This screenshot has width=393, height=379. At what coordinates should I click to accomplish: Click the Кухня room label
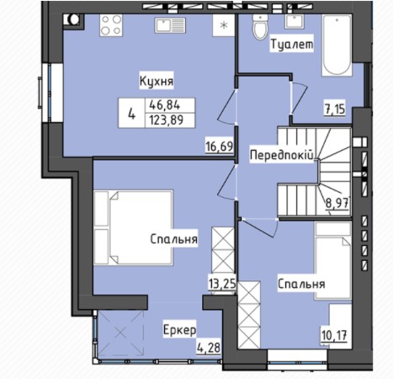pyautogui.click(x=157, y=82)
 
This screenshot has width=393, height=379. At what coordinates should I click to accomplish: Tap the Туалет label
pyautogui.click(x=292, y=44)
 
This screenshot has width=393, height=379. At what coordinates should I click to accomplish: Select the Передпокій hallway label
pyautogui.click(x=281, y=155)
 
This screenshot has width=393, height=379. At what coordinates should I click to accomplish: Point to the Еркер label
pyautogui.click(x=179, y=330)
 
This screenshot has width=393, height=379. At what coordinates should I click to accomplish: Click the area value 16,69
pyautogui.click(x=219, y=147)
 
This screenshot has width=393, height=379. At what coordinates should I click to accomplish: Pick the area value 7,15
pyautogui.click(x=335, y=109)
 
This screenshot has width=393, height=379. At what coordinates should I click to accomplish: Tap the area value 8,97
pyautogui.click(x=337, y=203)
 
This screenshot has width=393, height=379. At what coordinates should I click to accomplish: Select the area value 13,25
pyautogui.click(x=222, y=284)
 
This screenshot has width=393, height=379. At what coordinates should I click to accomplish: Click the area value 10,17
pyautogui.click(x=334, y=335)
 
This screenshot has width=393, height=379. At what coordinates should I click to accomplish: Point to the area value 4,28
pyautogui.click(x=209, y=348)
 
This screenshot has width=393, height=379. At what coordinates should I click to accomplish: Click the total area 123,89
pyautogui.click(x=167, y=120)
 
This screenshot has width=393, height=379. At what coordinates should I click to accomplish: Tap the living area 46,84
pyautogui.click(x=165, y=105)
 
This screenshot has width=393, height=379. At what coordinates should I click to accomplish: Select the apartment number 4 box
pyautogui.click(x=131, y=113)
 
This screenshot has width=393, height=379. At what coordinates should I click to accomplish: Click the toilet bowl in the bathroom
pyautogui.click(x=260, y=27)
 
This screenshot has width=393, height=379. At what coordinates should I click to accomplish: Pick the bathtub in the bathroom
pyautogui.click(x=337, y=45)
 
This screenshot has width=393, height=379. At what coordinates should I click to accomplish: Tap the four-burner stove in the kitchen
pyautogui.click(x=111, y=25)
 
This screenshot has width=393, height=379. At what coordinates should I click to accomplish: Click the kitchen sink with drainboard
pyautogui.click(x=170, y=26)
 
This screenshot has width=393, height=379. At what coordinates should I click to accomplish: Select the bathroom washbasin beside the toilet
pyautogui.click(x=294, y=22)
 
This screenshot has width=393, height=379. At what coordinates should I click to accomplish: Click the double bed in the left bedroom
pyautogui.click(x=133, y=227)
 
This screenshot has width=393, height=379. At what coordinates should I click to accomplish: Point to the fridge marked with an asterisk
pyautogui.click(x=224, y=25)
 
